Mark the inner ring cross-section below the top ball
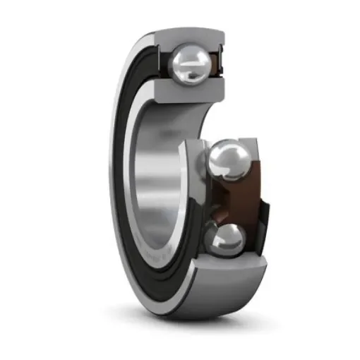click(186, 89)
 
